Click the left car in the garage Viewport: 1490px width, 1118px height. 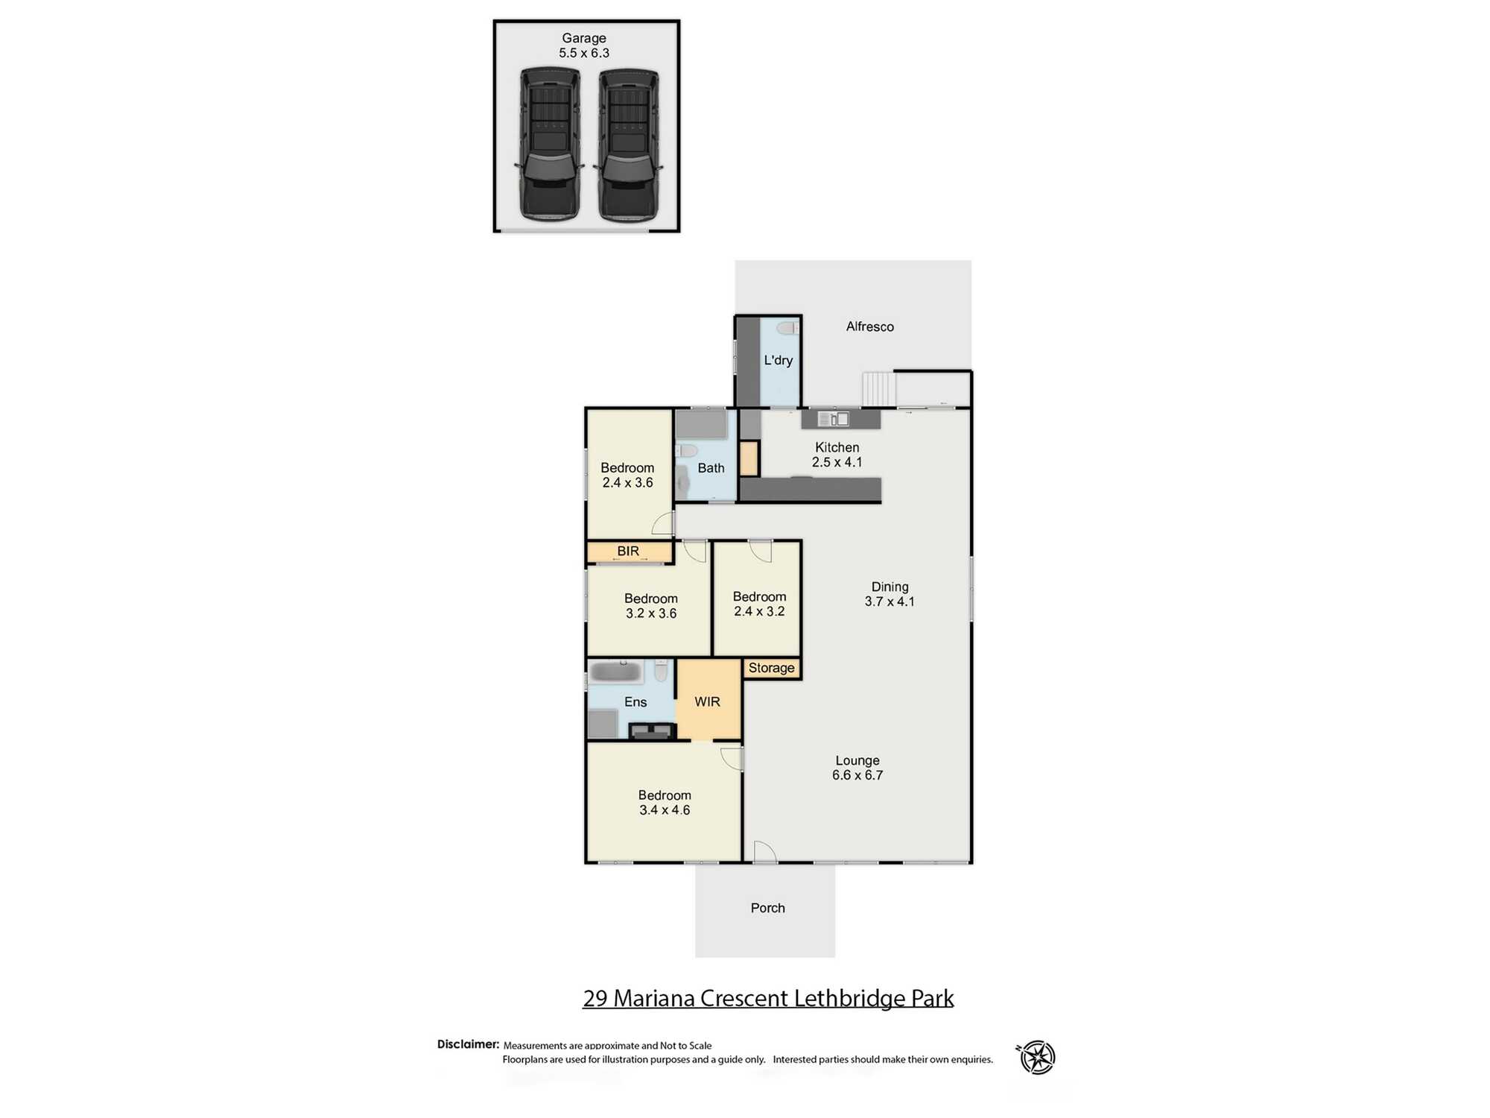coord(550,145)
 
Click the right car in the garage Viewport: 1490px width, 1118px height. coord(629,145)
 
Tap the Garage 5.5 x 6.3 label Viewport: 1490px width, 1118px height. coord(584,45)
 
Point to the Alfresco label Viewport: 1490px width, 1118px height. coord(869,326)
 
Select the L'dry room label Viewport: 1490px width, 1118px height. coord(779,360)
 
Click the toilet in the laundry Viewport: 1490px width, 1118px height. coord(787,328)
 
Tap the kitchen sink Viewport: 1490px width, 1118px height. coord(834,419)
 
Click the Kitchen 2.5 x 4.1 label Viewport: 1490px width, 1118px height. coord(837,455)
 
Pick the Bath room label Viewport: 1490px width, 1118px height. coord(711,468)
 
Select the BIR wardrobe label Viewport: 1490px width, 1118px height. coord(628,551)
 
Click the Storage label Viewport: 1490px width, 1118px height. coord(771,668)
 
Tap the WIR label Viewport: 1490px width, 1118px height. coord(707,701)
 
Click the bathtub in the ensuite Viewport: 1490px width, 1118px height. coord(615,672)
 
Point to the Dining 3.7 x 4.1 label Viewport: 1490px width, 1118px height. coord(890,594)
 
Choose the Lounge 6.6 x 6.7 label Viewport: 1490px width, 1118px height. coord(857,768)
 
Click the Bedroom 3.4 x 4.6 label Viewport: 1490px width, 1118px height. coord(665,803)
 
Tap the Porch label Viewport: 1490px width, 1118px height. coord(767,908)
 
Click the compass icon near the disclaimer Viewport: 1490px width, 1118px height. coord(1036,1057)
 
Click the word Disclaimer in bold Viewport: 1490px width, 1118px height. coord(468,1044)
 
